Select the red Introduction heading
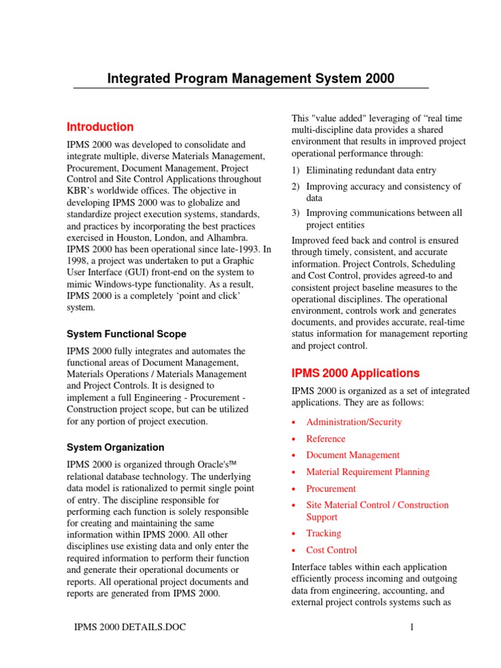pos(100,127)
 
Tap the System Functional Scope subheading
pos(127,334)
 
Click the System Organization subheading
pos(115,448)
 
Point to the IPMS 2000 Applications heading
pos(355,373)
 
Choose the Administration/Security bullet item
pos(354,421)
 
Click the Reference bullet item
pos(326,438)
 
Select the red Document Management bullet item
pos(353,455)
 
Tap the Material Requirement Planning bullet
pos(368,472)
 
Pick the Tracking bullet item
pos(324,533)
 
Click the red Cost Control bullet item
pos(331,550)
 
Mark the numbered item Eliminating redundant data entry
pos(371,170)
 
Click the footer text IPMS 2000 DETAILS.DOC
pos(131,628)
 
